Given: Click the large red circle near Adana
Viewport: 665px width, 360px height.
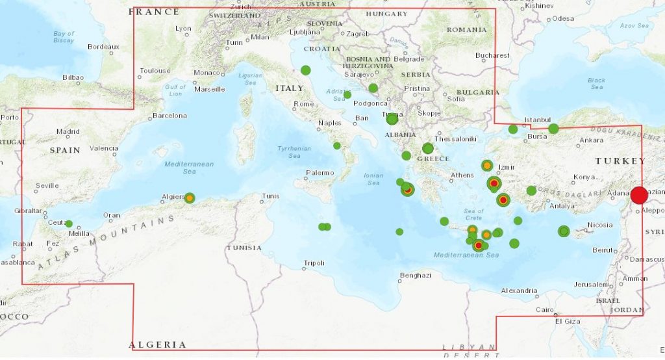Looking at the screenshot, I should (x=639, y=195).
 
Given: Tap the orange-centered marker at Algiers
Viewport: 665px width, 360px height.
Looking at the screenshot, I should (x=190, y=198).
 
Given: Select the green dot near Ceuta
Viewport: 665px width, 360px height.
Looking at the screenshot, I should (x=69, y=224).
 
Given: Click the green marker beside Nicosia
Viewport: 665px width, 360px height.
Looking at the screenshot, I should (x=564, y=231).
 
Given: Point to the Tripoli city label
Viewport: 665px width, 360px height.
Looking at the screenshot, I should (x=314, y=263).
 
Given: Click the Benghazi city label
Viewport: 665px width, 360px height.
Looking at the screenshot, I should (x=416, y=275).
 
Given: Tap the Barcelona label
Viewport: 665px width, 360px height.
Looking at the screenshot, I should (x=169, y=116).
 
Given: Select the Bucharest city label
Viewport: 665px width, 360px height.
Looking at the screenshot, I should (x=492, y=55).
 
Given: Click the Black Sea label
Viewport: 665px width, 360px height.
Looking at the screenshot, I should (x=596, y=84).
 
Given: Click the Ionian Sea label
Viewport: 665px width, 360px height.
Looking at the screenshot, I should (x=373, y=179).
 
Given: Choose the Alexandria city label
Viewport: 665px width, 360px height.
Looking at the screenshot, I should (x=519, y=290).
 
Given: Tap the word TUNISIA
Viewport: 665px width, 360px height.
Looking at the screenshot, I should (x=244, y=248).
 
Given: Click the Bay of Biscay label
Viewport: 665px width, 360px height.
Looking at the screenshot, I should (x=64, y=36).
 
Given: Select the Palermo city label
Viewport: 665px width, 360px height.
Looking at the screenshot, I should (x=320, y=172).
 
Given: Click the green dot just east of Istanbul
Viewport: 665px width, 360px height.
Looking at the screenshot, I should (x=553, y=129).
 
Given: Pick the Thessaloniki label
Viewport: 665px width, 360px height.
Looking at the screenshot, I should (x=456, y=139).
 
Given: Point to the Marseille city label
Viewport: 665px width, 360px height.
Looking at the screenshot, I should (x=210, y=89).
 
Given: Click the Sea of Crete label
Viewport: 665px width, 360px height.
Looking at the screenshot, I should (x=473, y=214).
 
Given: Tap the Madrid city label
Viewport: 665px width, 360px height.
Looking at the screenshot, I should (x=68, y=131).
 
